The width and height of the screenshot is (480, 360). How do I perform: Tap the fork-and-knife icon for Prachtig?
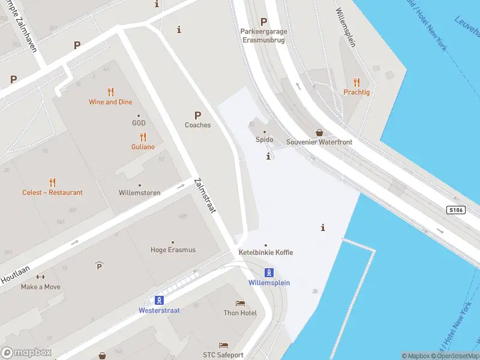356,82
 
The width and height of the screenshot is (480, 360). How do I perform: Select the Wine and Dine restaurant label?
110,102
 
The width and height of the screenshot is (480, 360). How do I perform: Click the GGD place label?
139,123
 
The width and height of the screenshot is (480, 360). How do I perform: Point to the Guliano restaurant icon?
143,137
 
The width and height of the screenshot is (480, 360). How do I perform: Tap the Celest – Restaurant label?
52,193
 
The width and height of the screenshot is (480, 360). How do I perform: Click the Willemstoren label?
140,193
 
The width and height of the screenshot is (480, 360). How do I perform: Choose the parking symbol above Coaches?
197,115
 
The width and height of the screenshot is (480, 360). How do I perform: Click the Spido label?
265,140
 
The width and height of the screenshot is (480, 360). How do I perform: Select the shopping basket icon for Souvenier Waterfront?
320,132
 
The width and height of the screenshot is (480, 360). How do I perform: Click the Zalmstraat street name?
205,196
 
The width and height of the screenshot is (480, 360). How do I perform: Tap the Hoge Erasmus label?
173,250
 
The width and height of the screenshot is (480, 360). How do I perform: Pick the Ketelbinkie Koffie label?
266,253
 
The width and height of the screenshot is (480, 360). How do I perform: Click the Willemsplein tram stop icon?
269,272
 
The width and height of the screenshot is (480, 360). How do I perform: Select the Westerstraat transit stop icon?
160,300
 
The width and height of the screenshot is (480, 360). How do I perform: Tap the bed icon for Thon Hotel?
241,304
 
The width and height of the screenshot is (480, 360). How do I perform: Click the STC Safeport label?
223,355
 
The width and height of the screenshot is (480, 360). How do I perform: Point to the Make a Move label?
40,287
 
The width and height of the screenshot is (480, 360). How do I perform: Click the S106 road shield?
456,210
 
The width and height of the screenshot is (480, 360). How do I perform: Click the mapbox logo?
26,353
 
